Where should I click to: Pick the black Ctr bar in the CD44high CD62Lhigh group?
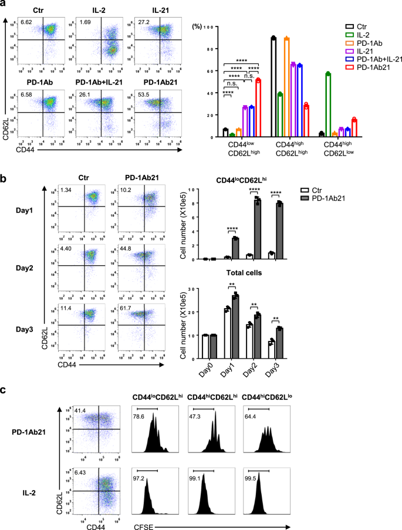point(273,87)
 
